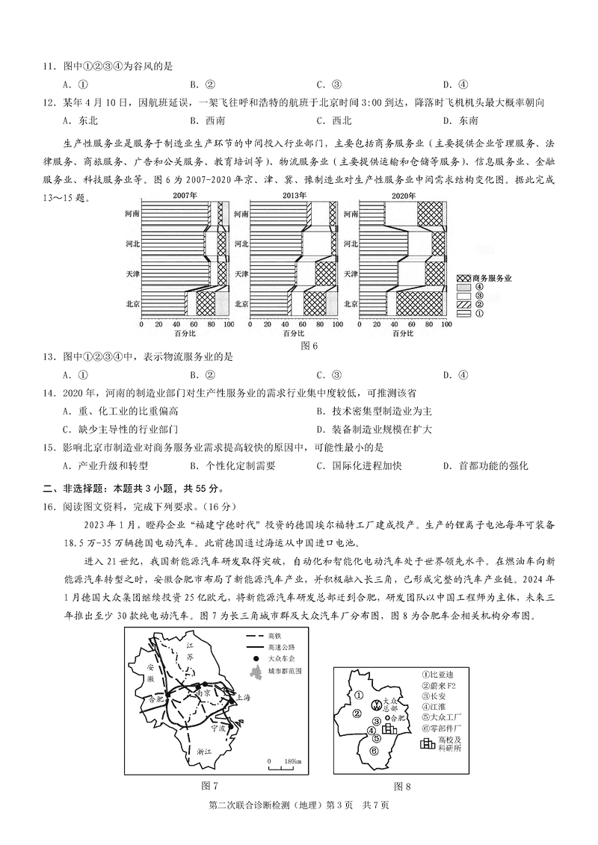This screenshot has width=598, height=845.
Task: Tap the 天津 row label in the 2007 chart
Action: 132,274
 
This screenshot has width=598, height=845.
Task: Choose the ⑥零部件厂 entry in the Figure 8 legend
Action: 440,727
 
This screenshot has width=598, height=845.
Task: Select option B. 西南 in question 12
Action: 203,120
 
